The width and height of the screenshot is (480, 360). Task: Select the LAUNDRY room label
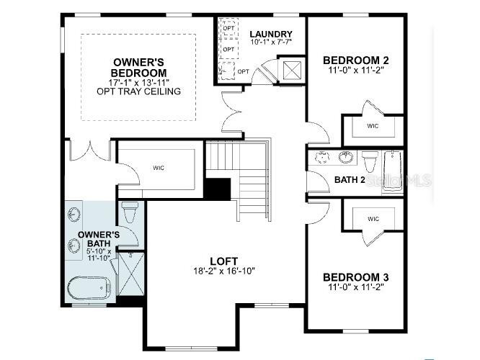(x=270, y=34)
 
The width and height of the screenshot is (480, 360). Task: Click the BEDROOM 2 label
(x=355, y=60)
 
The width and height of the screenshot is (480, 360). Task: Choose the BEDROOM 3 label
(x=355, y=277)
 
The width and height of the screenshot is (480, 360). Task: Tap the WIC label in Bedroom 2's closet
(x=373, y=126)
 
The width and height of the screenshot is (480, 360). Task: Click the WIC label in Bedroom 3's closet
(x=373, y=219)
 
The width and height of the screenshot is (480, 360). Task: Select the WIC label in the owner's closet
(x=159, y=168)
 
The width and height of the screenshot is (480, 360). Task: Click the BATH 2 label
(x=349, y=179)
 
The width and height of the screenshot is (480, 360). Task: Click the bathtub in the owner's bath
(x=89, y=289)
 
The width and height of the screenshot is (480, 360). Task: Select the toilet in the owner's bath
(x=130, y=213)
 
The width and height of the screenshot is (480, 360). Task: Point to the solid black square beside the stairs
(x=216, y=189)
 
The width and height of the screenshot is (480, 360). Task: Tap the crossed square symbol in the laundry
(x=293, y=70)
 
